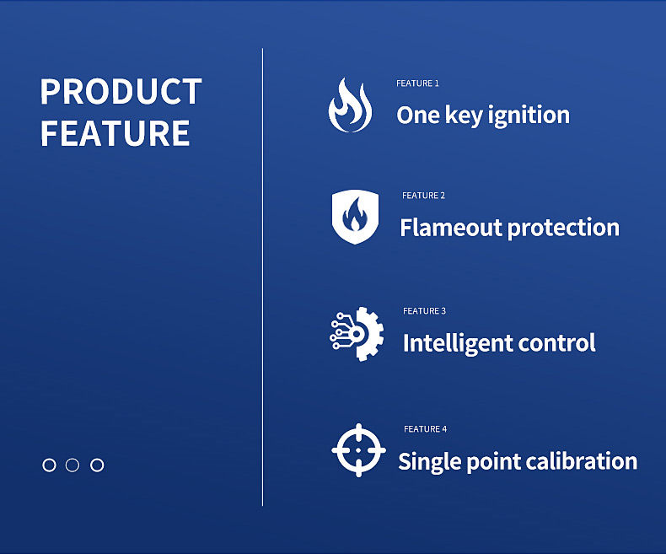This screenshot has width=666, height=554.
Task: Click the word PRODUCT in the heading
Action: click(121, 91)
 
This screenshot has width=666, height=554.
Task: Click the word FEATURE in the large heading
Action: click(115, 133)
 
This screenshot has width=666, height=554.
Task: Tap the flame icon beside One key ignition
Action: click(350, 105)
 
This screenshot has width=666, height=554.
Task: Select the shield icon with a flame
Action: click(355, 217)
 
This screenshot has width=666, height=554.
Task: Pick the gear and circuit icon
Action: click(357, 334)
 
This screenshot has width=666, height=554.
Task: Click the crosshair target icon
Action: click(359, 450)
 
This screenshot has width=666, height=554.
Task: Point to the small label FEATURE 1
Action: click(417, 83)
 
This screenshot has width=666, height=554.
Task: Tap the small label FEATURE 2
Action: click(423, 196)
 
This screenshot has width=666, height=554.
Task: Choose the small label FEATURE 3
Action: click(424, 311)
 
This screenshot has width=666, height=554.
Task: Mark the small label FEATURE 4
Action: click(425, 429)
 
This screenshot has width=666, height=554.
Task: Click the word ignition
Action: click(529, 116)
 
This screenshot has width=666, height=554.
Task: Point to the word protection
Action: click(564, 229)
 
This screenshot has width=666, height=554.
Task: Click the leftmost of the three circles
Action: click(49, 465)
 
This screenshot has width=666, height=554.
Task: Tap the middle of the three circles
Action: click(73, 465)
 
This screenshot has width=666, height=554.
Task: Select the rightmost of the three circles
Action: click(97, 465)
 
